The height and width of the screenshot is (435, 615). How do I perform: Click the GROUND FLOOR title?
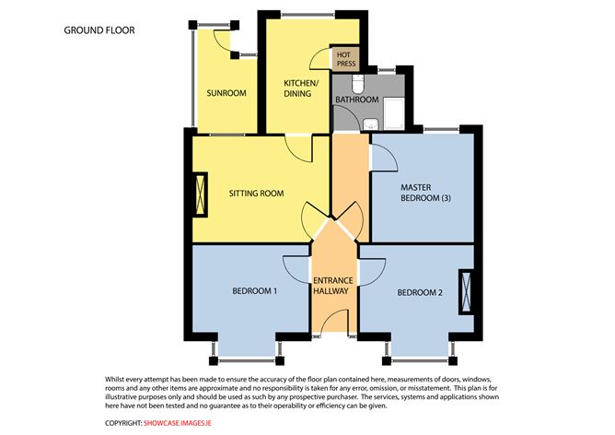99,30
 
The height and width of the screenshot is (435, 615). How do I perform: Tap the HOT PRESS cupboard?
345,59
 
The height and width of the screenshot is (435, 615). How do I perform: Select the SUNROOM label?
226,93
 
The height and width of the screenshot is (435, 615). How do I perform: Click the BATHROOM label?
357,100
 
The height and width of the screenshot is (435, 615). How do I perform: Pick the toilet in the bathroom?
358,84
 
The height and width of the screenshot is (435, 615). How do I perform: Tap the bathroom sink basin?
370,124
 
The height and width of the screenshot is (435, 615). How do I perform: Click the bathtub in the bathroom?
394,114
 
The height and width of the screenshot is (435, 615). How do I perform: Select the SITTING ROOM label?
256,194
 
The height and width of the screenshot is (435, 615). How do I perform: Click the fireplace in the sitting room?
201,194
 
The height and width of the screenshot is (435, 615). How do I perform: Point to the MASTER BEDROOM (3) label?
425,193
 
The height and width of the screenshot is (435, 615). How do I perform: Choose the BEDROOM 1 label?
254,291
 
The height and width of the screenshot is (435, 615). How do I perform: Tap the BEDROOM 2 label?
420,292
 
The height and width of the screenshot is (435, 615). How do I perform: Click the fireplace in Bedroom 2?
466,292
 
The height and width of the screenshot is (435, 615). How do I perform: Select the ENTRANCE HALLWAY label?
333,286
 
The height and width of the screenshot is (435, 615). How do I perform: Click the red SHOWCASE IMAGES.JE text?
178,423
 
